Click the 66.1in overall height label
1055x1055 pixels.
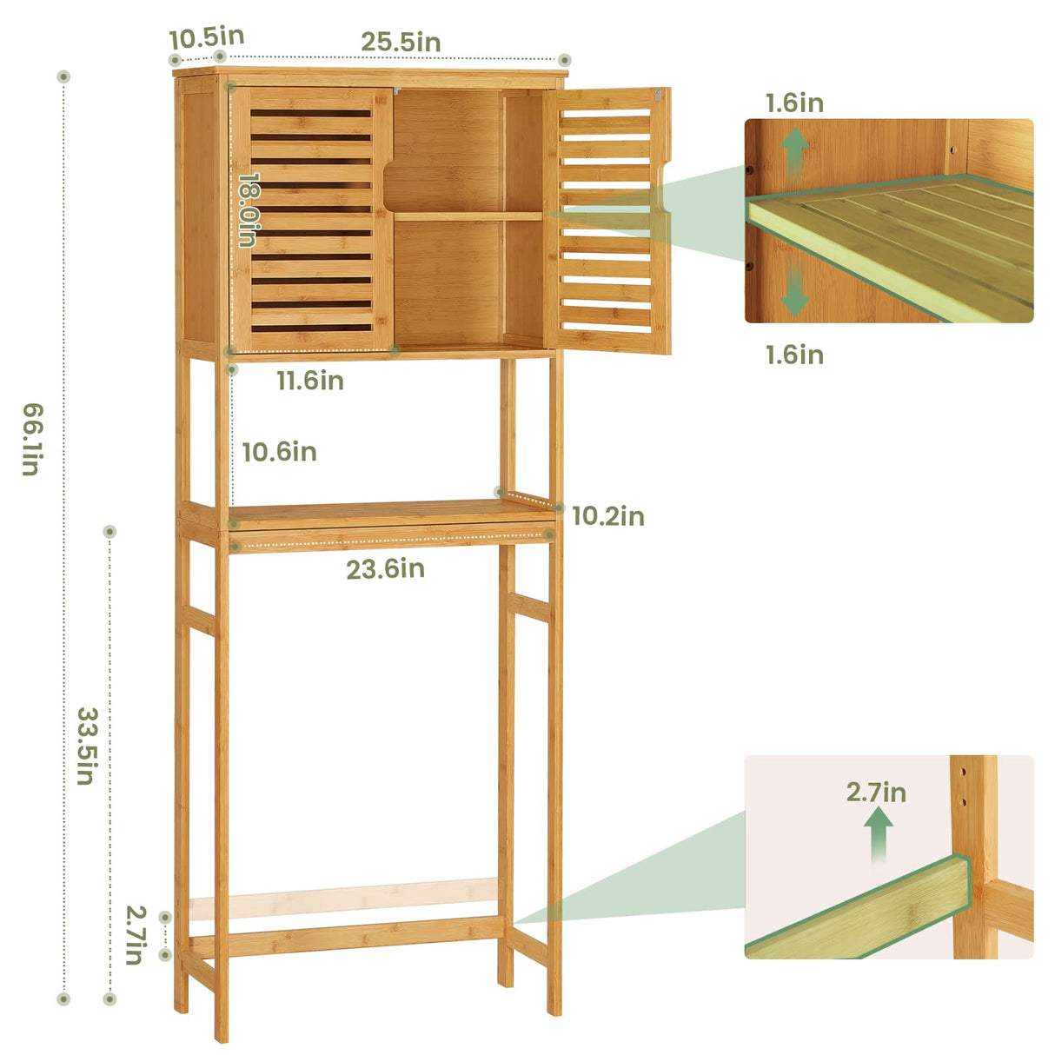click(x=30, y=440)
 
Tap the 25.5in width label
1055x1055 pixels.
click(x=401, y=42)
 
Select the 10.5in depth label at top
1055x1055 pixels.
click(x=207, y=38)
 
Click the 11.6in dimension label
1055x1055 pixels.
click(x=310, y=381)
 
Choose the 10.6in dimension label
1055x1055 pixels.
click(x=279, y=452)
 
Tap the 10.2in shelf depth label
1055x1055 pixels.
click(x=608, y=516)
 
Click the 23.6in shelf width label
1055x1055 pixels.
click(x=385, y=569)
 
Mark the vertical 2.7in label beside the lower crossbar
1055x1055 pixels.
click(x=135, y=935)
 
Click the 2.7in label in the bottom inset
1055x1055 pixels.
click(x=876, y=793)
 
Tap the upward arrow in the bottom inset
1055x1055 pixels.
click(x=879, y=835)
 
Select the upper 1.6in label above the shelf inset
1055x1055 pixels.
click(x=794, y=103)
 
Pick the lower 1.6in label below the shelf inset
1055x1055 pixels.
click(x=794, y=355)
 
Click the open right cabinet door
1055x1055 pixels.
click(x=613, y=222)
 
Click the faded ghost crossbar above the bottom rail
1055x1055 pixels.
click(x=343, y=898)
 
